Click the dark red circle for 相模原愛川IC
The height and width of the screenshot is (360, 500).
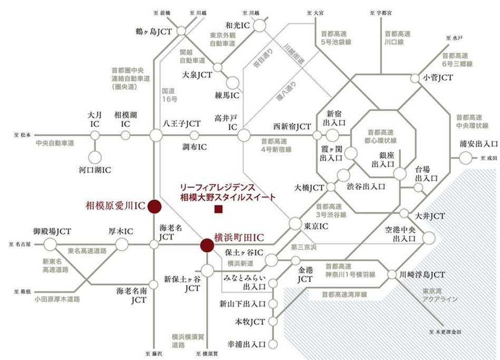tap(155, 206)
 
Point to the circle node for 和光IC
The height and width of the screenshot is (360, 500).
tap(260, 25)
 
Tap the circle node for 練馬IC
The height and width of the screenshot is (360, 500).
tap(231, 82)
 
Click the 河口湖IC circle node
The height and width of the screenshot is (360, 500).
tap(95, 157)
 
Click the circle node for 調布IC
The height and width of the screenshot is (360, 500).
tap(201, 136)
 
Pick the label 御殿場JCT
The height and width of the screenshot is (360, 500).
tap(52, 231)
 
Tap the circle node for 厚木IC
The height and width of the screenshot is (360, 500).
tap(122, 244)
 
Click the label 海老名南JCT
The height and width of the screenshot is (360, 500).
tap(131, 295)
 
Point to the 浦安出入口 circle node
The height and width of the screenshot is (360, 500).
tap(466, 157)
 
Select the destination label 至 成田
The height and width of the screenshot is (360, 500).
tap(489, 157)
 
